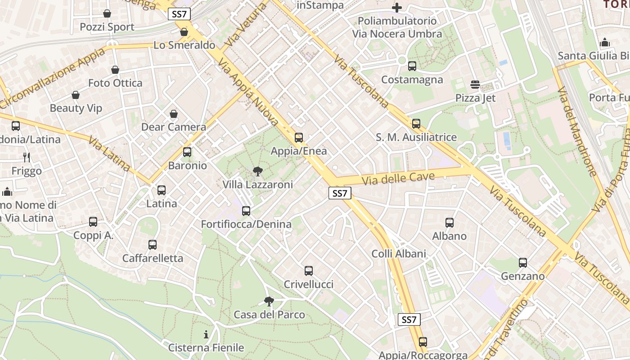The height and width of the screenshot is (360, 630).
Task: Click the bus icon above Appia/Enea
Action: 299,138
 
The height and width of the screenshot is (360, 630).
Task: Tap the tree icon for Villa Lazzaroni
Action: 258,171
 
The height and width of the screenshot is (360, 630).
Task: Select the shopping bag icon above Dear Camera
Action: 174,114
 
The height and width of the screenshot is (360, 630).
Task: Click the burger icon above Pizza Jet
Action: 475,84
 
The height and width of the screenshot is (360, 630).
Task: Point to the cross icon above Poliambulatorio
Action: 396,8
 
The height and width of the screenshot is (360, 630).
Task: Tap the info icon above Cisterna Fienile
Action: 206,334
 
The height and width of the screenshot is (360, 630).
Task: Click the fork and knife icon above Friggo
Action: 27,157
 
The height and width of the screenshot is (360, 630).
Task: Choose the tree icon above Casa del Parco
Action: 269,301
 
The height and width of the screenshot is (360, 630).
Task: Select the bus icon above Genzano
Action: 522,262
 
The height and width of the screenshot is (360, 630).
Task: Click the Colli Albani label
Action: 399,254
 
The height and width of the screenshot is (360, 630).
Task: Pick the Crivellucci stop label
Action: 309,284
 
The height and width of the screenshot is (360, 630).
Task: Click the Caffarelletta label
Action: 153,258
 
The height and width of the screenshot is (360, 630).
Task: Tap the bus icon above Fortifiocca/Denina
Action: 246,211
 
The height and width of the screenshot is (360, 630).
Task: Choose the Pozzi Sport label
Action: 107,27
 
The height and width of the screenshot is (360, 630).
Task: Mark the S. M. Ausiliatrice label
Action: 416,137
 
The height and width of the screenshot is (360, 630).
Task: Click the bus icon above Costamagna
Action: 412,66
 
